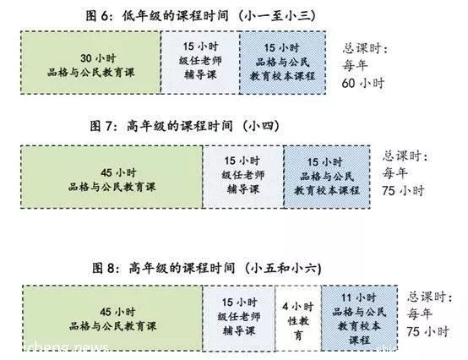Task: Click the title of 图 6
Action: [x=200, y=15]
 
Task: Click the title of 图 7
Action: [x=184, y=126]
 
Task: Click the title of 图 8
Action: [x=206, y=268]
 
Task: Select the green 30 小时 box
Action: [x=91, y=63]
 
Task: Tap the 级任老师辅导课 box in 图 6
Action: [x=200, y=63]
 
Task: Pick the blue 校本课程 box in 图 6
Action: [x=283, y=63]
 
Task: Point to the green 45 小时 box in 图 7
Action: [x=112, y=177]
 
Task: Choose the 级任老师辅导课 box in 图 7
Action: [x=243, y=177]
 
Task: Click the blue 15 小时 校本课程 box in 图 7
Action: [x=327, y=177]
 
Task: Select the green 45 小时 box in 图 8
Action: [x=113, y=318]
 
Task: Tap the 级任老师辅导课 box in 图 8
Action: [x=239, y=318]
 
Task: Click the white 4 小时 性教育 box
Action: [x=298, y=318]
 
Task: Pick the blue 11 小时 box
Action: [x=359, y=318]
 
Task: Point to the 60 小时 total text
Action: [x=363, y=83]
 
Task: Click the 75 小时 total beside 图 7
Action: [x=403, y=190]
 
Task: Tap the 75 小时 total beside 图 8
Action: [x=427, y=331]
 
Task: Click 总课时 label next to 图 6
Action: [x=365, y=49]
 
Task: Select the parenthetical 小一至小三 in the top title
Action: [x=277, y=15]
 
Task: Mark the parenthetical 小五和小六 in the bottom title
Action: [x=283, y=268]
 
